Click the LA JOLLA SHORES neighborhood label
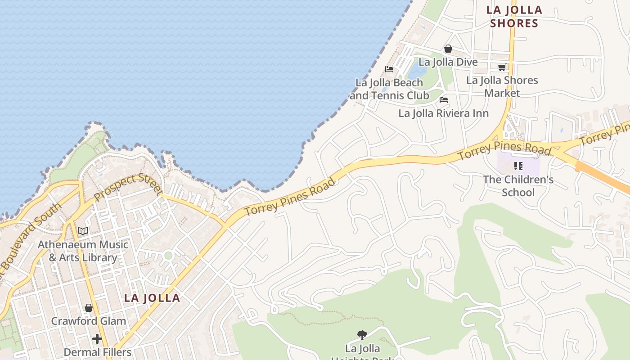514,17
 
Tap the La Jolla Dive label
448,62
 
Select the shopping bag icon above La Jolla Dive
448,49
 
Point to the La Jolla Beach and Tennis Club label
389,89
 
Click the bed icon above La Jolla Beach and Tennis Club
389,69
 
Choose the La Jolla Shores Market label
502,86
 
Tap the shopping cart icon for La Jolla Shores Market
502,67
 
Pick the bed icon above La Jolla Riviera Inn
444,100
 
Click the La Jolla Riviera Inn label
443,113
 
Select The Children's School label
518,186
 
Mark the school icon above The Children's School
518,166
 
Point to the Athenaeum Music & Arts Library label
83,251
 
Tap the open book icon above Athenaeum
83,231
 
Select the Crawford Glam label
89,321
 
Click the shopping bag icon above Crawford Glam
89,308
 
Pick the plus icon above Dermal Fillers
97,338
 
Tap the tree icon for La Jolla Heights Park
362,335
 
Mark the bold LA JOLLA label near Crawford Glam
152,298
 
